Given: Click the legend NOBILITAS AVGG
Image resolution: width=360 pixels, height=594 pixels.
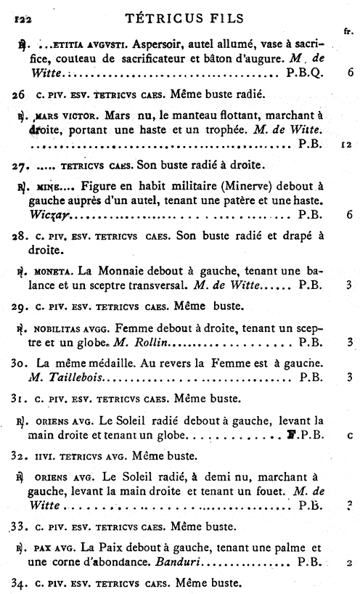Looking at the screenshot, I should pyautogui.click(x=75, y=327).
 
